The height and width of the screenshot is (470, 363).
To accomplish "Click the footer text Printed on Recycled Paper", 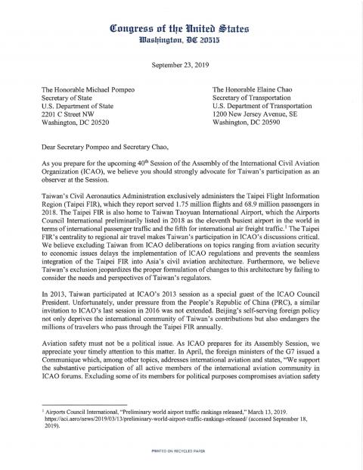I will pos(181,451).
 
